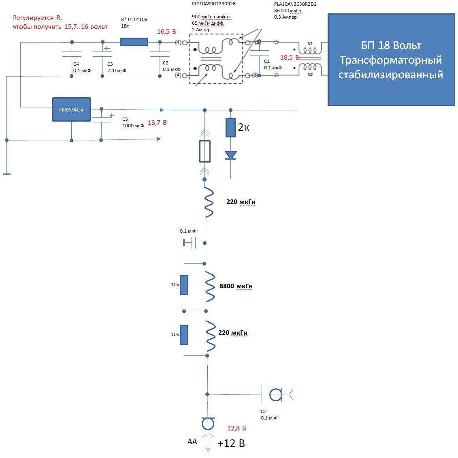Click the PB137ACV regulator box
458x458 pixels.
tap(71, 109)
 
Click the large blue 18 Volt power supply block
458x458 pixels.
tap(391, 60)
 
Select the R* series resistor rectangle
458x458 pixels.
tap(134, 42)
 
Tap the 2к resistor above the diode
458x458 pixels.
tap(230, 128)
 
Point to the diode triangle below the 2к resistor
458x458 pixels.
tap(230, 155)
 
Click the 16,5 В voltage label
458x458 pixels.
tap(166, 32)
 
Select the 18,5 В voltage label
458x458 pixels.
tap(290, 58)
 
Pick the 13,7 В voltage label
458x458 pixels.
tap(157, 122)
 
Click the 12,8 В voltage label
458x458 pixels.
tap(236, 428)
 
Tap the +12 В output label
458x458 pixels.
tap(231, 443)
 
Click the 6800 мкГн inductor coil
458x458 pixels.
tap(209, 287)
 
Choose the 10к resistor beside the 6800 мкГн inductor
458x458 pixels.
tap(184, 285)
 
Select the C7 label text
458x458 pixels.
tap(264, 411)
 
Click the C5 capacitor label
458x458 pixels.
tap(125, 119)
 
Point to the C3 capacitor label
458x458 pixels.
tap(110, 64)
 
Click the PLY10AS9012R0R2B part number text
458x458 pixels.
tap(214, 4)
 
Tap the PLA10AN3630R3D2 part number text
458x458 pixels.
tap(295, 4)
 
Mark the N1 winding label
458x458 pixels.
tap(310, 43)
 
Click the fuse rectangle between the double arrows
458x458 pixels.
tap(205, 152)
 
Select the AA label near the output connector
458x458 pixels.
tap(192, 441)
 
